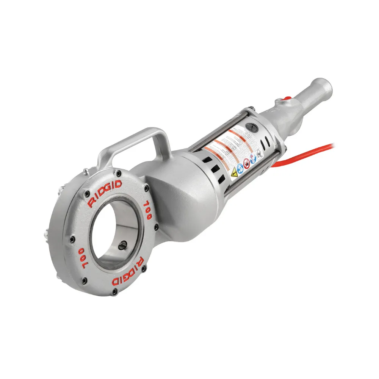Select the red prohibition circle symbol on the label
(246, 164)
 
